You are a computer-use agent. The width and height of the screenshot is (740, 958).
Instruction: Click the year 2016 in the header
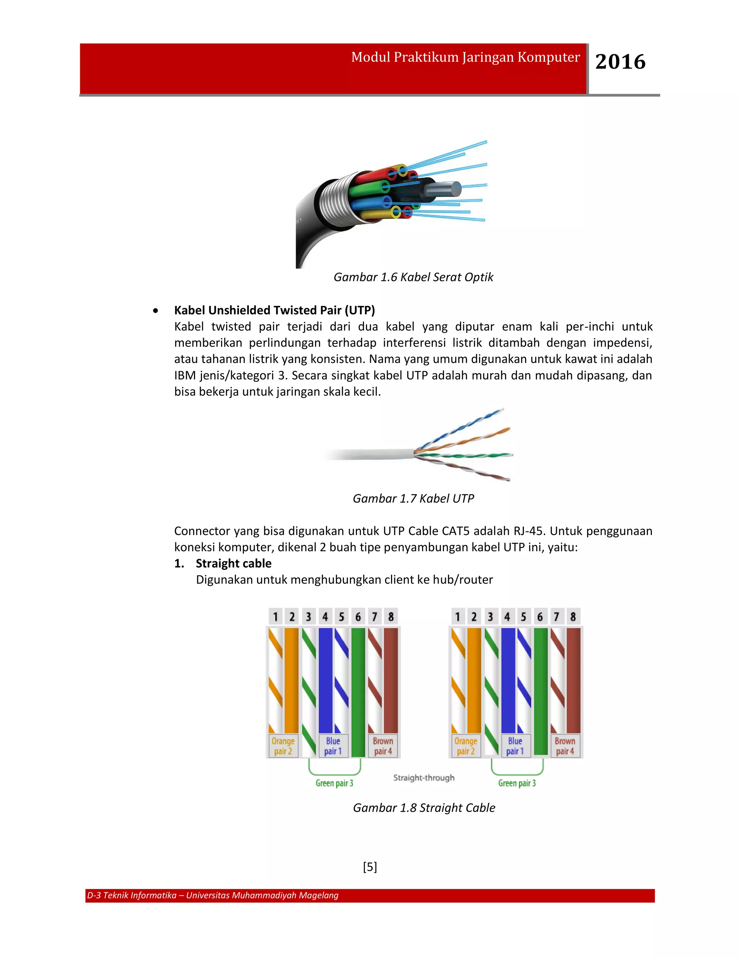[620, 62]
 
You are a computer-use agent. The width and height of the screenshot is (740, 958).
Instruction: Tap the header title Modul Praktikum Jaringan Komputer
[465, 57]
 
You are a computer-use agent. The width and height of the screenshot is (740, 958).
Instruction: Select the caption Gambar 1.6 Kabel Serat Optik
[413, 277]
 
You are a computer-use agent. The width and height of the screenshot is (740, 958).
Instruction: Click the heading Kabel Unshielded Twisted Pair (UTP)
[275, 310]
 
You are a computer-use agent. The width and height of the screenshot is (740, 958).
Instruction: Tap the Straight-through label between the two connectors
[423, 778]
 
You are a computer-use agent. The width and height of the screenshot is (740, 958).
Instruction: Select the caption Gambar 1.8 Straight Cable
[423, 808]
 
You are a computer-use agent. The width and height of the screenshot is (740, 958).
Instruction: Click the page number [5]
[370, 867]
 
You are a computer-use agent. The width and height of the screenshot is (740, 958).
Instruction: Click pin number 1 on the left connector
[275, 617]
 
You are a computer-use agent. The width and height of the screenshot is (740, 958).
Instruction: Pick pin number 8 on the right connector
[573, 617]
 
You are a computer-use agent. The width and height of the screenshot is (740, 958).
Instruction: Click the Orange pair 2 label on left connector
[283, 746]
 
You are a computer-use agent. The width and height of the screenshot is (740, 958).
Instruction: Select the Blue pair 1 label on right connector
[515, 746]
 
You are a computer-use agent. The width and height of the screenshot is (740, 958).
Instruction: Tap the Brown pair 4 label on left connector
[383, 746]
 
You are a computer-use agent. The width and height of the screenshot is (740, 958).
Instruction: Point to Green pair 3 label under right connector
[517, 783]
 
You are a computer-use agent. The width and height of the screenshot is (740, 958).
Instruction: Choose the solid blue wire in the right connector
[508, 680]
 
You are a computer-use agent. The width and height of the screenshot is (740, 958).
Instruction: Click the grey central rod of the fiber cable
[443, 189]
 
